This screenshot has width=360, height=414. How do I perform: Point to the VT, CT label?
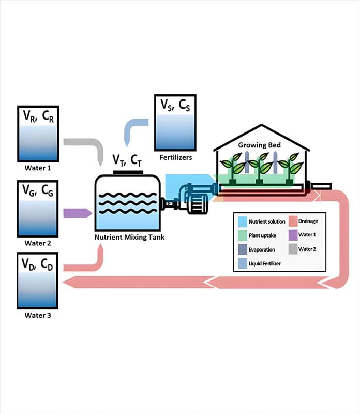click(x=127, y=159)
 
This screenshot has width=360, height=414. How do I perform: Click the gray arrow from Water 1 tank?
click(x=85, y=146)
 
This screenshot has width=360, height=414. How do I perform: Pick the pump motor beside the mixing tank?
click(x=196, y=204)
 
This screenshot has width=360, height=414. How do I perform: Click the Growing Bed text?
click(x=259, y=145)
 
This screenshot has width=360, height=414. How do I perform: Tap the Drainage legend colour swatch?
click(x=292, y=221)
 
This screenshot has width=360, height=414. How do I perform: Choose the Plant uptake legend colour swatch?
click(x=242, y=235)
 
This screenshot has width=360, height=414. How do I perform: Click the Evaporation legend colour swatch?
click(x=242, y=249)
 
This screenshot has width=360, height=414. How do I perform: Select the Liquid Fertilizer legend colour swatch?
click(x=242, y=263)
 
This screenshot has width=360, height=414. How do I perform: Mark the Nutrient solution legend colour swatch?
click(x=242, y=221)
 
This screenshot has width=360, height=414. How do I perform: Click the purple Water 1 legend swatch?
click(x=292, y=235)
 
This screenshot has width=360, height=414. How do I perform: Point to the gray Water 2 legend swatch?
click(x=292, y=249)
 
